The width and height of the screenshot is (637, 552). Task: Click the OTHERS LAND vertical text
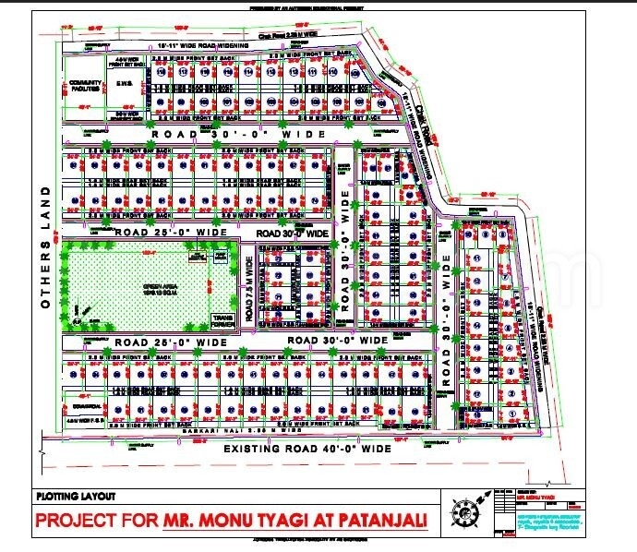[42, 244]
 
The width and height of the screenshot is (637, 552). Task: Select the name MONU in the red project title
[253, 521]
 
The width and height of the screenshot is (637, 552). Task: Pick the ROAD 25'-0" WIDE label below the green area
[172, 342]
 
